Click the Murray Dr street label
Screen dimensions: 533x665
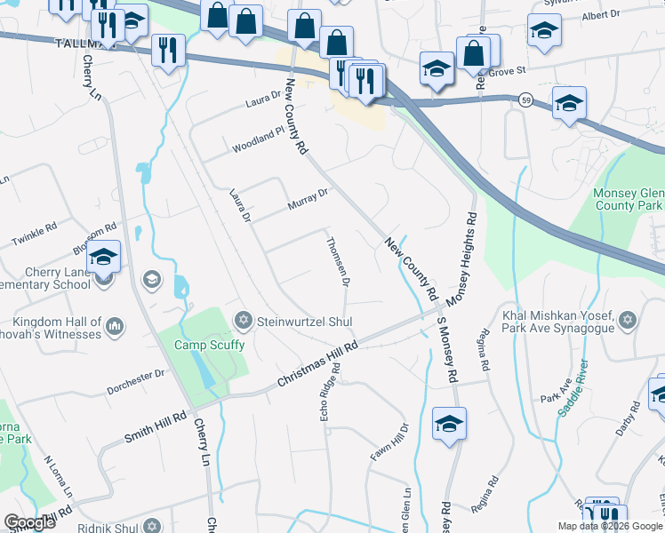click(308, 199)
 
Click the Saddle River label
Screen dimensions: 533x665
click(572, 388)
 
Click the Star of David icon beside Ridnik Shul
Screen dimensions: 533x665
click(151, 526)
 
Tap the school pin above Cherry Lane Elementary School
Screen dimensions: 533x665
click(103, 258)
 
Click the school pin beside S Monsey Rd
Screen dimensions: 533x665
click(450, 424)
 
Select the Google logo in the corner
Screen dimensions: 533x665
click(30, 522)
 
